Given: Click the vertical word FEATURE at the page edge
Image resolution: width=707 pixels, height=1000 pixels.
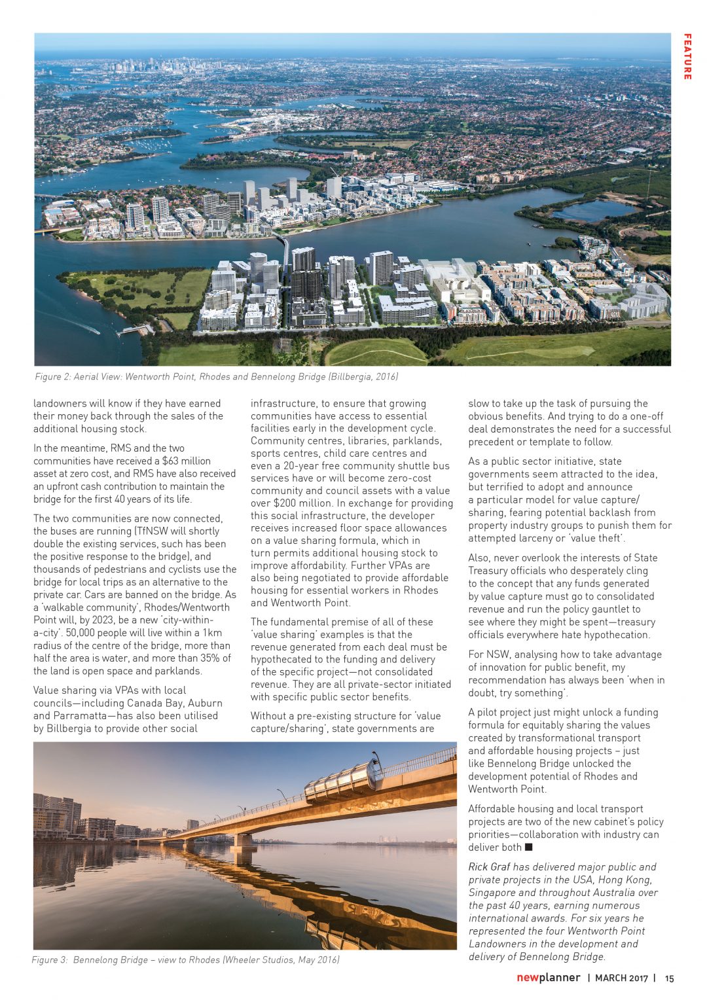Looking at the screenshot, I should point(687,57).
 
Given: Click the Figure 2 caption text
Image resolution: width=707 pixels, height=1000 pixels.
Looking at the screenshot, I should point(216,376).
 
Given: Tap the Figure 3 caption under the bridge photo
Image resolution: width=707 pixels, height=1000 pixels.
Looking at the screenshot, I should point(185,959).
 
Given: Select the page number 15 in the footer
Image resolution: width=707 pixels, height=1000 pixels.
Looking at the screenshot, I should point(669,978).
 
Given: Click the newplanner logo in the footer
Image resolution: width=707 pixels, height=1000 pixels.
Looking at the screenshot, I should point(548,978).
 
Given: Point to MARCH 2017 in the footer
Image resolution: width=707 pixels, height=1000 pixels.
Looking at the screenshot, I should point(621,978).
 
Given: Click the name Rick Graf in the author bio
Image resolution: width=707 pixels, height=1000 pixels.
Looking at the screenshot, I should point(488,866).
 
